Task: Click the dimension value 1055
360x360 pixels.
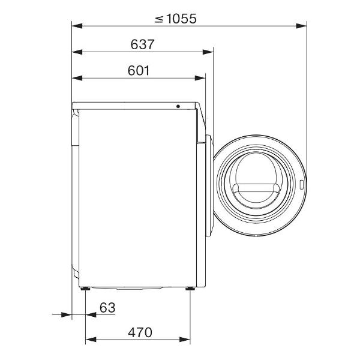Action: tap(181, 19)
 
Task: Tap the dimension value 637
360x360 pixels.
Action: tap(142, 44)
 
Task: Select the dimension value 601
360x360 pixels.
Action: tap(139, 70)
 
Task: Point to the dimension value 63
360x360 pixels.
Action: tap(107, 307)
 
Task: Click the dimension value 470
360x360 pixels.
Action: tap(140, 332)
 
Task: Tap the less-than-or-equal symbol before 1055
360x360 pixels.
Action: tap(159, 19)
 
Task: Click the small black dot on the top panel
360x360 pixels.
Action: tap(178, 106)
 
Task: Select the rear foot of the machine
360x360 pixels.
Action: tap(85, 289)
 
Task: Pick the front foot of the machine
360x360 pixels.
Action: tap(190, 289)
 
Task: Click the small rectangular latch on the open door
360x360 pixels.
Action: tap(301, 185)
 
